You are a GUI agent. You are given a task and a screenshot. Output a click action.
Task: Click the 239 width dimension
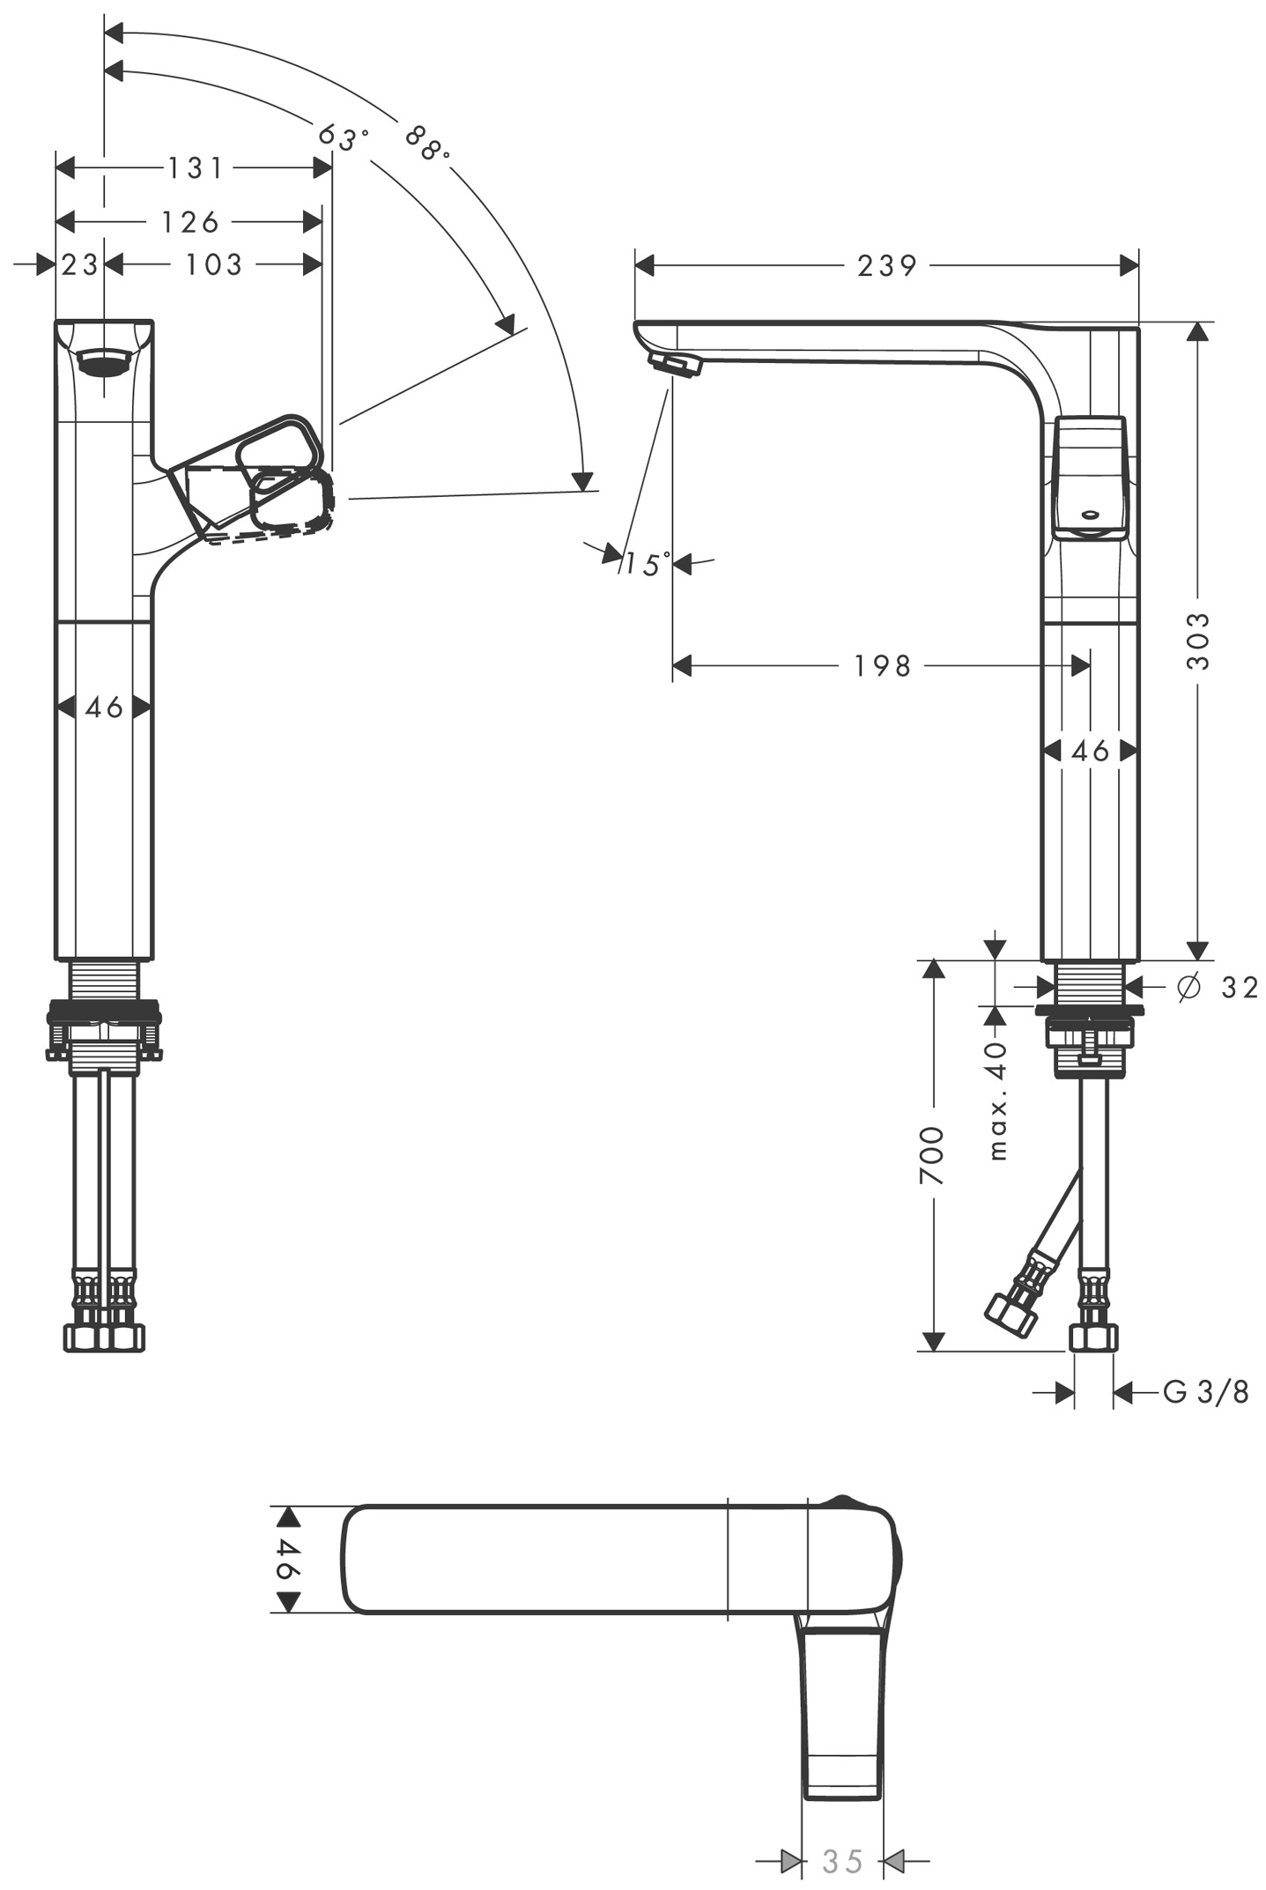pyautogui.click(x=886, y=265)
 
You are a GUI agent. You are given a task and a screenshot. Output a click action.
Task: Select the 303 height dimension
pyautogui.click(x=1197, y=641)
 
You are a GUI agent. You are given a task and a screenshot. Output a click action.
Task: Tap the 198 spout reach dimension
pyautogui.click(x=882, y=666)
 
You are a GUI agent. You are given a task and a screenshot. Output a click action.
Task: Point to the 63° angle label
pyautogui.click(x=342, y=137)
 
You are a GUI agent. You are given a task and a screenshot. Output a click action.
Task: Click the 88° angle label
pyautogui.click(x=427, y=143)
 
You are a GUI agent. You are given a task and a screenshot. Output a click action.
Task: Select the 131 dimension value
pyautogui.click(x=196, y=167)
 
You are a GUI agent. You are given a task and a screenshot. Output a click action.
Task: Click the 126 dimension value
pyautogui.click(x=190, y=222)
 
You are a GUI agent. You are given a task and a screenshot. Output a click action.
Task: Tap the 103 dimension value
pyautogui.click(x=213, y=264)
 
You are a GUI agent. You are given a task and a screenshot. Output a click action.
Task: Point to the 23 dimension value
pyautogui.click(x=79, y=264)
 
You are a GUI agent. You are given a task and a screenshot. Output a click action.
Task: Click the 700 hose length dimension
pyautogui.click(x=932, y=1155)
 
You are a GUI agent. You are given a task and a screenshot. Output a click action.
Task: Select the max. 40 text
pyautogui.click(x=997, y=1101)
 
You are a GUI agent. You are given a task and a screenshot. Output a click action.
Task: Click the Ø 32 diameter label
pyautogui.click(x=1217, y=988)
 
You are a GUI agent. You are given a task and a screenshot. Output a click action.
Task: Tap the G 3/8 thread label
pyautogui.click(x=1206, y=1392)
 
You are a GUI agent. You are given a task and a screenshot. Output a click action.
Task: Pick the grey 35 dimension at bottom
pyautogui.click(x=842, y=1862)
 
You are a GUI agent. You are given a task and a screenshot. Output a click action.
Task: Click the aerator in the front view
pyautogui.click(x=104, y=361)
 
